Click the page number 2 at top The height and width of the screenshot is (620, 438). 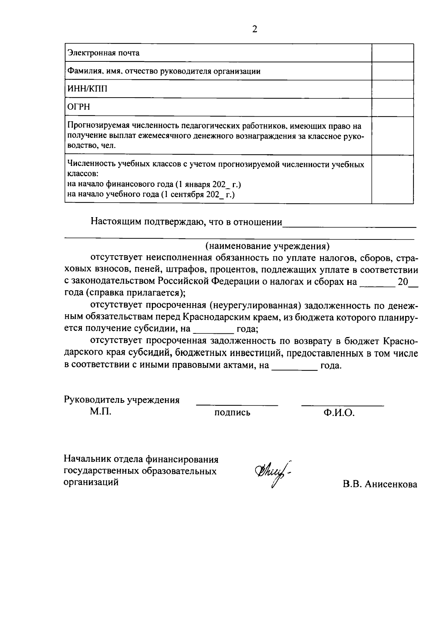click(254, 29)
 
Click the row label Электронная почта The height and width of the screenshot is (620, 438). click(104, 53)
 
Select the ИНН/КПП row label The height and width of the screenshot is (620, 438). click(88, 89)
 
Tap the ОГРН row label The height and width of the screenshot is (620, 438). click(78, 107)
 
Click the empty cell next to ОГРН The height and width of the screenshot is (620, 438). click(392, 107)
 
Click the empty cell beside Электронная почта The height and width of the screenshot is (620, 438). click(392, 53)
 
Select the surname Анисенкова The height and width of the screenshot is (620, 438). click(391, 485)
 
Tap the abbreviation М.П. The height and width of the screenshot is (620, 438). click(101, 412)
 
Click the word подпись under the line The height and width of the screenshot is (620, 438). click(232, 413)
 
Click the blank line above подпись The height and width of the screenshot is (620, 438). click(237, 404)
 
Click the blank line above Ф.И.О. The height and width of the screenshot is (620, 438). click(342, 404)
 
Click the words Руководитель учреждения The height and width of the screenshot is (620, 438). click(122, 400)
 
